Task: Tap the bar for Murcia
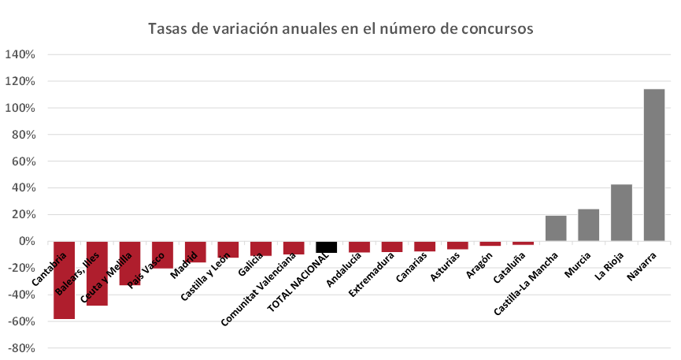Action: pos(588,225)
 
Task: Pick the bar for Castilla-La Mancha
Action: pos(556,228)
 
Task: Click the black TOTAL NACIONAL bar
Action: pos(326,247)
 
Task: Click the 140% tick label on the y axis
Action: pos(20,55)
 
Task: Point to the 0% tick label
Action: pos(26,241)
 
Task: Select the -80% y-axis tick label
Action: pos(21,347)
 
